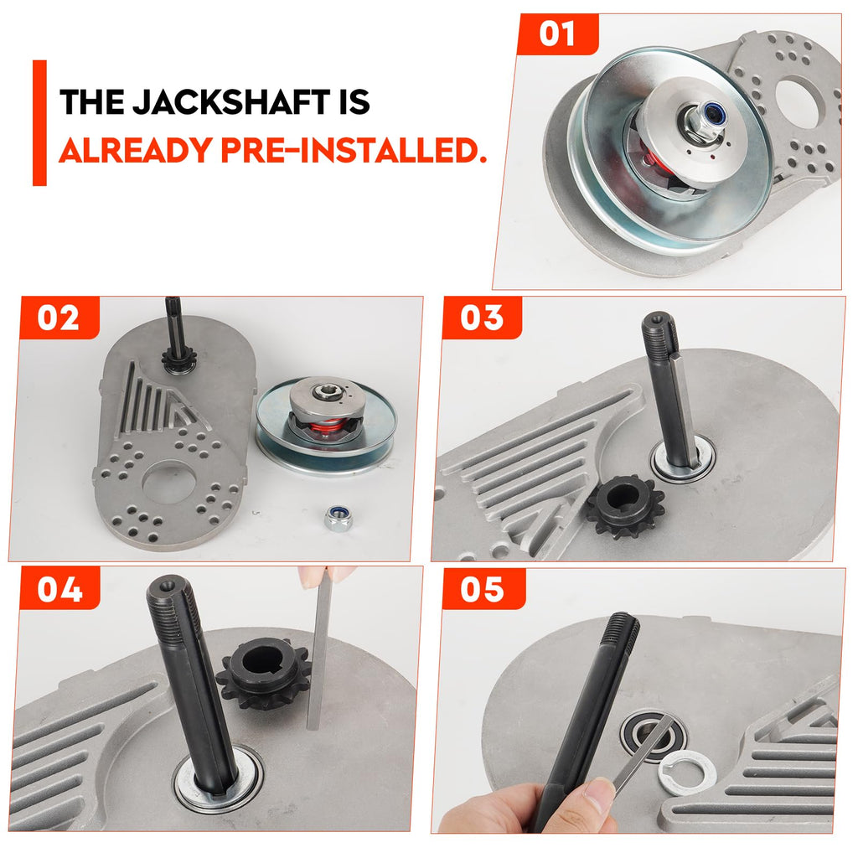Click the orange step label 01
(x=557, y=34)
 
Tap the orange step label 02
(x=59, y=318)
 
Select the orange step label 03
(x=482, y=318)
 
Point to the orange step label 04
(x=59, y=589)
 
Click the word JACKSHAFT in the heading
(x=231, y=101)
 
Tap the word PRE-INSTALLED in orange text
(x=354, y=149)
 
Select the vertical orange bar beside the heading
(x=39, y=122)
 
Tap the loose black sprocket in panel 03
(x=625, y=507)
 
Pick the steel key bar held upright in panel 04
(x=314, y=649)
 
